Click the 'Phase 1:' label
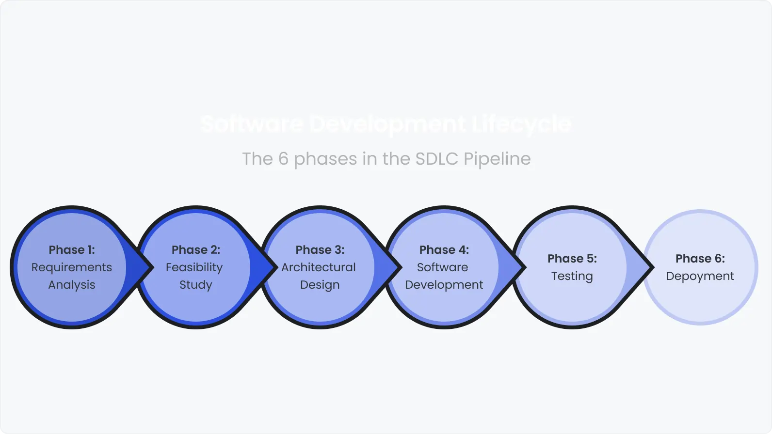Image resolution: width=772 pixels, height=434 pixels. (72, 250)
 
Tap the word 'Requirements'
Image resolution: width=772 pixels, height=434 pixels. (72, 267)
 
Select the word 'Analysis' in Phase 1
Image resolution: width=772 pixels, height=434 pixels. (72, 285)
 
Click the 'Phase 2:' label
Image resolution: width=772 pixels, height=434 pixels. (196, 250)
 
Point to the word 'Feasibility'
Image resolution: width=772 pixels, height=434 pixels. (194, 267)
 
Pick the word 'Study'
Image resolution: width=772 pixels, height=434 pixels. (196, 285)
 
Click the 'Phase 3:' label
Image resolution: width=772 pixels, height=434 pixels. (320, 250)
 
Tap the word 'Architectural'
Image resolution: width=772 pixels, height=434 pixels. (319, 267)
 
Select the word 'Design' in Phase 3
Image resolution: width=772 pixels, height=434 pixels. (320, 285)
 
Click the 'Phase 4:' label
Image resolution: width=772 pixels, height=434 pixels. (444, 250)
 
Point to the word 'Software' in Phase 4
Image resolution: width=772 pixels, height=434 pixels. (443, 267)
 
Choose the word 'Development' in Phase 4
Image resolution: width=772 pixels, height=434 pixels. (444, 285)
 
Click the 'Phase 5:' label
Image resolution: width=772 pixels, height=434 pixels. (572, 259)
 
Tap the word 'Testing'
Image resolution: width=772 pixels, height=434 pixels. (572, 276)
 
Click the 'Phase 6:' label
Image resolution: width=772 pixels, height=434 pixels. (700, 259)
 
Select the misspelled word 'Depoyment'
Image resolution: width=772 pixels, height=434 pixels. (700, 276)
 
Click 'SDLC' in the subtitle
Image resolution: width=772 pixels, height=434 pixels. (437, 159)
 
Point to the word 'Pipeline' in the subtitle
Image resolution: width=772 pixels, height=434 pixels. (497, 159)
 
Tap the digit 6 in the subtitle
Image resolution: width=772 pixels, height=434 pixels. (283, 159)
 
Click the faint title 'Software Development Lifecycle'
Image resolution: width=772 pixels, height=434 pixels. (386, 124)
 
